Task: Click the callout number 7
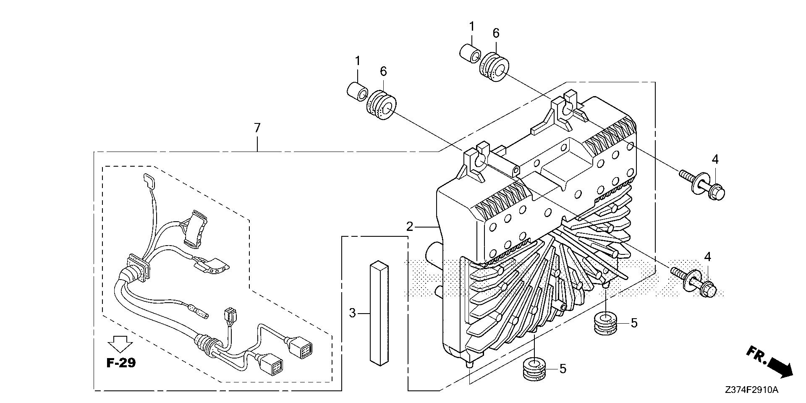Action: pos(257,127)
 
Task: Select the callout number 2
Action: pos(410,227)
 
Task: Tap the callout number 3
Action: pos(353,313)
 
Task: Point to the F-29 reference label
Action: pos(121,363)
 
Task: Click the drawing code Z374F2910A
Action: pos(751,390)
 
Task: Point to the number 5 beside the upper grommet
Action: pos(634,323)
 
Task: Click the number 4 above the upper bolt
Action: pos(715,160)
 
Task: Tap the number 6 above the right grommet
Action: pos(496,33)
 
